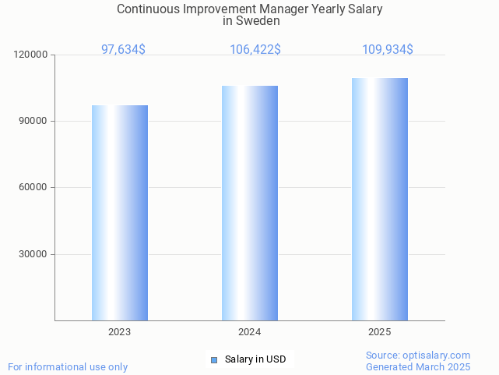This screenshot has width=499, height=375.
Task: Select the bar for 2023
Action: (120, 213)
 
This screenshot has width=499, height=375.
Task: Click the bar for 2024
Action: (250, 203)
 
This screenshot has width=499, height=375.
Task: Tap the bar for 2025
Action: (380, 199)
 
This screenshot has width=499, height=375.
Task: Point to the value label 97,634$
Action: (123, 50)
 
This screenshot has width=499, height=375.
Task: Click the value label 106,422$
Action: (255, 50)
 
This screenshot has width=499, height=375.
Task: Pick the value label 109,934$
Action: (388, 50)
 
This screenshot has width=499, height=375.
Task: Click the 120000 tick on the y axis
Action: (31, 55)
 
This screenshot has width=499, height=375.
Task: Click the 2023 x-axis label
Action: (120, 332)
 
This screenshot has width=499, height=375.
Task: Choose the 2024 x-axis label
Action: (250, 332)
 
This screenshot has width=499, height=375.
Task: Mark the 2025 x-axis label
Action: (380, 332)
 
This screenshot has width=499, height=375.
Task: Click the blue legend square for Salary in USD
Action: (214, 359)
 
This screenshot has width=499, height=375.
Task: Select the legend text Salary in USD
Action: (255, 359)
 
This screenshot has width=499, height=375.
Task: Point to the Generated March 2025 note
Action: (418, 367)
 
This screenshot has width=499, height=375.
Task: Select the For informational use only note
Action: (68, 367)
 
